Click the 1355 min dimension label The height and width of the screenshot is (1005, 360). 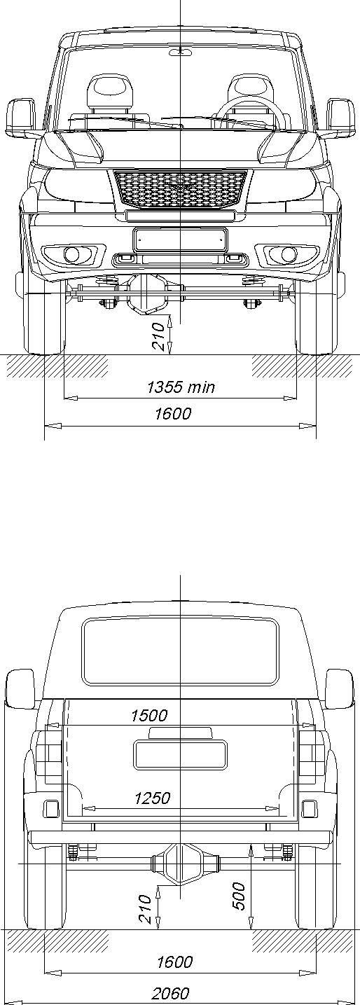181,387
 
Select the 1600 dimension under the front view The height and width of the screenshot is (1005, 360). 173,413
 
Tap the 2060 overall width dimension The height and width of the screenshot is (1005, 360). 171,994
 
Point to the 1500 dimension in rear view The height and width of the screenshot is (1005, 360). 149,715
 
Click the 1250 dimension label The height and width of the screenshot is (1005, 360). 153,798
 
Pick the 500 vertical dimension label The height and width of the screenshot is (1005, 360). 240,896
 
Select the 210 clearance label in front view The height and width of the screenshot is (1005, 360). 158,336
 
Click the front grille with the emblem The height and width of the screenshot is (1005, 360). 181,189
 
